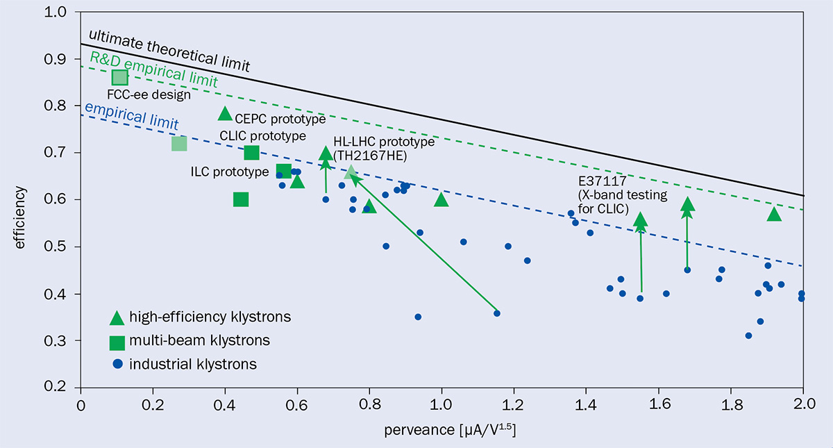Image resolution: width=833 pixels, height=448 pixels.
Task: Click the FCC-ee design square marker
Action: point(119,77)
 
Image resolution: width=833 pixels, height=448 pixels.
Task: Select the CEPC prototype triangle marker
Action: point(225,114)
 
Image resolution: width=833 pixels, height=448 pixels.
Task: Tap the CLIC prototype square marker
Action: point(251,153)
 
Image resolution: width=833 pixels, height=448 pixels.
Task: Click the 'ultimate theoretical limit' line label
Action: point(169,49)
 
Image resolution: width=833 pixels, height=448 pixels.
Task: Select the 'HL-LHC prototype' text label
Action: point(383,142)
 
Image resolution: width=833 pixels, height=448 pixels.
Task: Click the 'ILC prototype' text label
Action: point(229,172)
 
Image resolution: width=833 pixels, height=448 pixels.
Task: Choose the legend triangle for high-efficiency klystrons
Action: point(117,317)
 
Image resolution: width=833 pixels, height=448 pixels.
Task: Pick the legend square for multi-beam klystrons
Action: point(117,341)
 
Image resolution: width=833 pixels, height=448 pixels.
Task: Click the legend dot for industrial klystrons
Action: point(117,364)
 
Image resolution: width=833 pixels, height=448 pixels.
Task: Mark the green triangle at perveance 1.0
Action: point(441,200)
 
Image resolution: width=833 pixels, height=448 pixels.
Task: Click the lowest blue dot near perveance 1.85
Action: point(748,335)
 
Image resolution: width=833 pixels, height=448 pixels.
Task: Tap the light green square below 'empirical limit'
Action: point(179,144)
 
